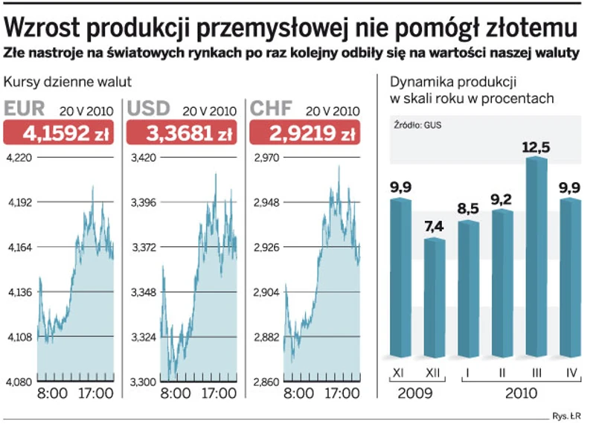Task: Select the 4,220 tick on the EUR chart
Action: click(x=19, y=158)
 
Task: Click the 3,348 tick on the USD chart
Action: click(x=143, y=292)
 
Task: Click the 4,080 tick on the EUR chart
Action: click(x=19, y=382)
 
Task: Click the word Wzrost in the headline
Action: click(x=42, y=28)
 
